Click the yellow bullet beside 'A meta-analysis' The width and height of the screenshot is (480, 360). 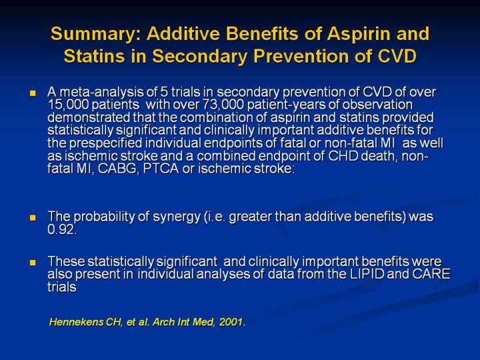[32, 92]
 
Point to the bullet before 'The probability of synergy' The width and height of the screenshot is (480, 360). [32, 217]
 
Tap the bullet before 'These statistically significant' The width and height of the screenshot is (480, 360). [32, 262]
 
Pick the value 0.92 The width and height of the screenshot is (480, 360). [61, 231]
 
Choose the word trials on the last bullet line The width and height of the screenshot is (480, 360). [62, 287]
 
